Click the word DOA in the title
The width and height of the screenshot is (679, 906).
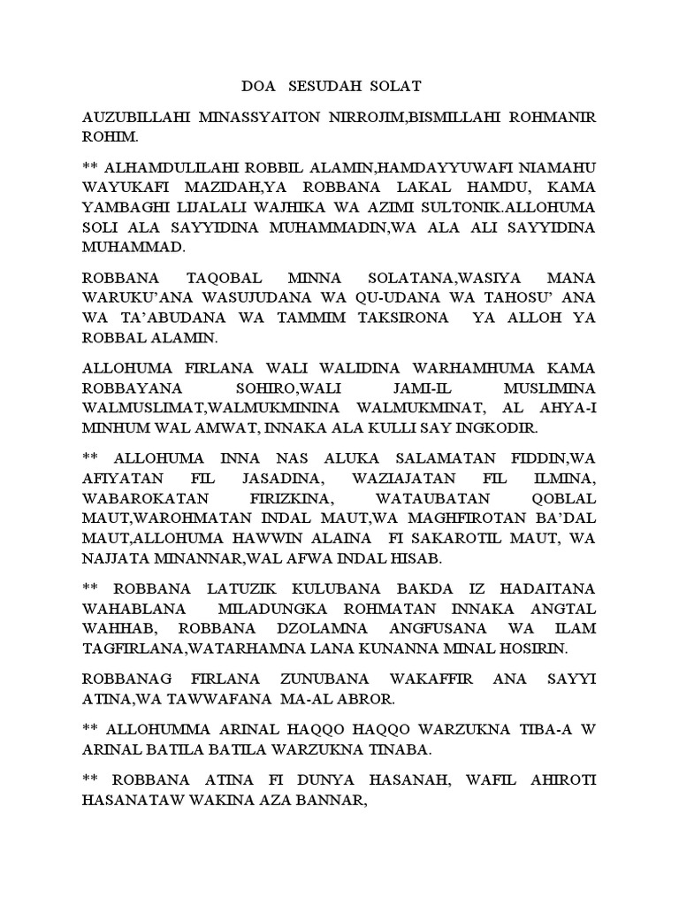click(260, 87)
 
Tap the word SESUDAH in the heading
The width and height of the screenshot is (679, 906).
click(332, 87)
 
